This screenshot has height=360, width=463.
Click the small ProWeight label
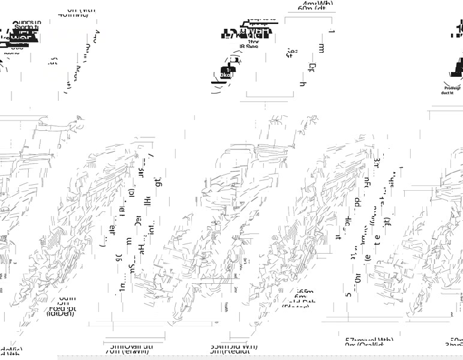coord(452,88)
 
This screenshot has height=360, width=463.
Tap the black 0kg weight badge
coord(225,75)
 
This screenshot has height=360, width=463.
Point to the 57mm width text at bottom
coord(369,340)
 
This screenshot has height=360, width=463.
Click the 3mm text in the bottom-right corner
coord(454,346)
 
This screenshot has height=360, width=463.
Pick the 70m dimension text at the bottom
coord(127,352)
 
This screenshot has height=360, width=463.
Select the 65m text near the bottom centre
coord(305,292)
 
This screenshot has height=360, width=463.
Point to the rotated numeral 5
coord(348,295)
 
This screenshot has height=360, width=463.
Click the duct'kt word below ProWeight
coord(447,93)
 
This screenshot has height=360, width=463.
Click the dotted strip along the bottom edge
coord(258,357)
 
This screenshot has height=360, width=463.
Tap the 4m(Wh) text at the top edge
coord(318,4)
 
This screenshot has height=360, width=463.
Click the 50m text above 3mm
coord(456,340)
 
